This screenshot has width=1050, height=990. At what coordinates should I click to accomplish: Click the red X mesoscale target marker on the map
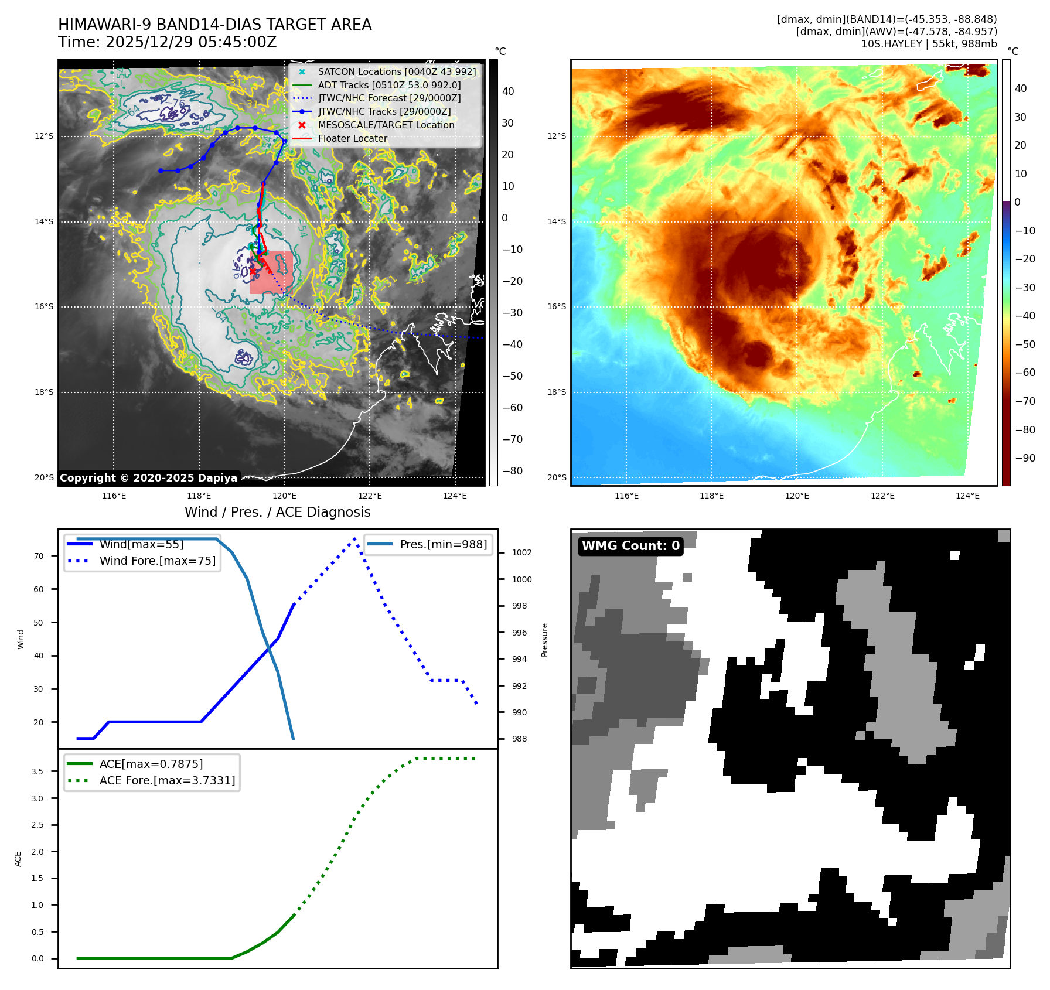253,271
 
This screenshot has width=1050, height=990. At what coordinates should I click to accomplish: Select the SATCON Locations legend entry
397,72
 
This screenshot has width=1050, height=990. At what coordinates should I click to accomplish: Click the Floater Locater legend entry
352,139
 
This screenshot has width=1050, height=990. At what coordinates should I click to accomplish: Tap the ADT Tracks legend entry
389,86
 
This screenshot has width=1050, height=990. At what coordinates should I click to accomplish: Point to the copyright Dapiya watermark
148,478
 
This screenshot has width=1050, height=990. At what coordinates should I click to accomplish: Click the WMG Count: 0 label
630,546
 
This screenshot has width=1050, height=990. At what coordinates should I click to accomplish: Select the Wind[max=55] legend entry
141,544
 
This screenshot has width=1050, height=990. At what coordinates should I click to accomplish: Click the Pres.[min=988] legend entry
443,544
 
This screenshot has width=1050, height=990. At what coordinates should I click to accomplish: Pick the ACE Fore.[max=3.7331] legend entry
167,780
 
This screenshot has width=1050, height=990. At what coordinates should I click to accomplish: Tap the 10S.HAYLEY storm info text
929,44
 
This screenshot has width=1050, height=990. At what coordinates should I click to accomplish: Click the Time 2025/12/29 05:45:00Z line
167,43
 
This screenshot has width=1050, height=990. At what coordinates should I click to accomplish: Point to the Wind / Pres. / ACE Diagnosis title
278,513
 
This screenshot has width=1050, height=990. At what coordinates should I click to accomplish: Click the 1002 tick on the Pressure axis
521,552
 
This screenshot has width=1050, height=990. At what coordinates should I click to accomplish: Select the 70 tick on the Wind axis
39,556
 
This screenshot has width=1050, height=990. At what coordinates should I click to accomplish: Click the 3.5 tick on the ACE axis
37,771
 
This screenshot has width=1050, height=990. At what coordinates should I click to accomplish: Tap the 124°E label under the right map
967,496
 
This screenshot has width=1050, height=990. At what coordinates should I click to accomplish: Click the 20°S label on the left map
44,477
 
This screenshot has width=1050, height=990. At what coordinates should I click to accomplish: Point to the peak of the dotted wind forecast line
354,538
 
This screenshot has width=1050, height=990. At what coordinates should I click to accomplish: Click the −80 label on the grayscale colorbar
512,471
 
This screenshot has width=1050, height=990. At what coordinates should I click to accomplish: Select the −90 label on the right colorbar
1025,458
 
